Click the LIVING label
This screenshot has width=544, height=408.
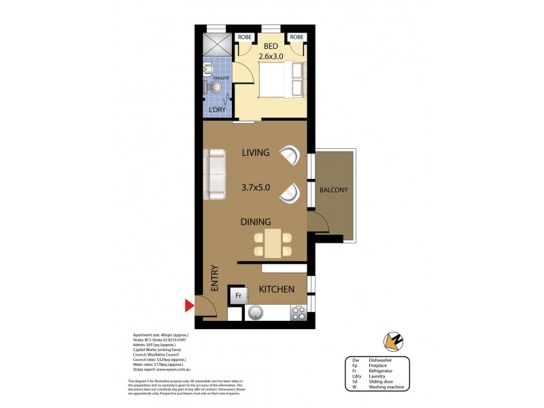[256, 153]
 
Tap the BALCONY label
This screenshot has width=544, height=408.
[334, 190]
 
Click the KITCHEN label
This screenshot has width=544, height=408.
[277, 290]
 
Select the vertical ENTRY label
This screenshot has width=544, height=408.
[214, 279]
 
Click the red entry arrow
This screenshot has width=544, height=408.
[190, 307]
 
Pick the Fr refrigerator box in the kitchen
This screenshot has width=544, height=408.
[238, 296]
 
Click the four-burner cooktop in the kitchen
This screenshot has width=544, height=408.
[299, 313]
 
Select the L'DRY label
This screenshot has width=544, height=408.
[217, 110]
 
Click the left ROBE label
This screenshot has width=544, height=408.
[244, 37]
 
